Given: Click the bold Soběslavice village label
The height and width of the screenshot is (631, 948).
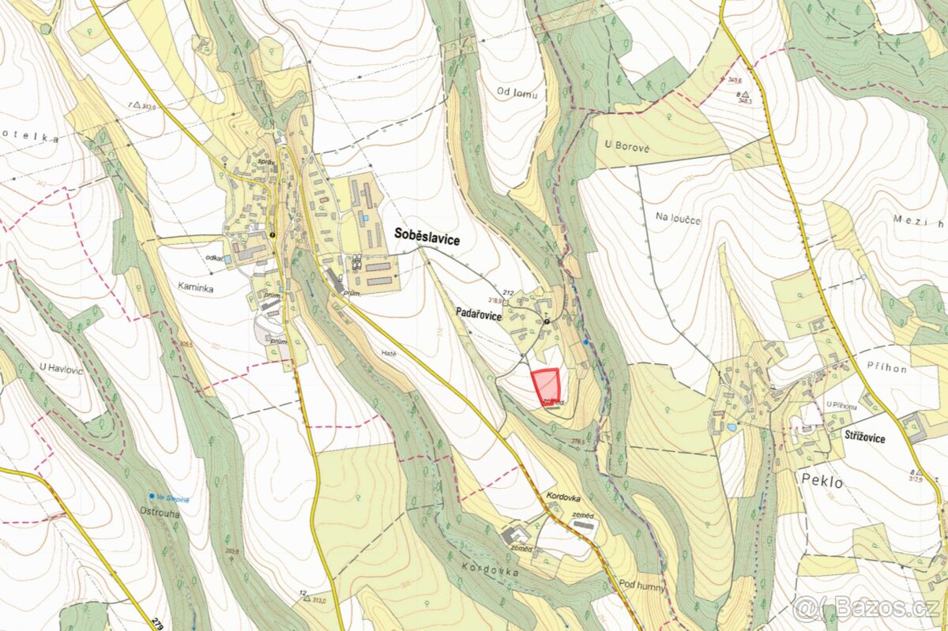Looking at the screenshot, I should (x=427, y=236).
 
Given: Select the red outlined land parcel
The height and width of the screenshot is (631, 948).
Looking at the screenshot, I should (x=547, y=386).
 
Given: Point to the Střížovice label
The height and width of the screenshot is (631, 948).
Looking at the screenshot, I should (x=863, y=438).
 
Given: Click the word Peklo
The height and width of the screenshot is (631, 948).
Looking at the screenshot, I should (x=822, y=481).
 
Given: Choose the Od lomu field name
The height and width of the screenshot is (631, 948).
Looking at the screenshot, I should (x=517, y=94).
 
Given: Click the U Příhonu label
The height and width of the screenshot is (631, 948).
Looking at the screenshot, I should (x=841, y=405).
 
